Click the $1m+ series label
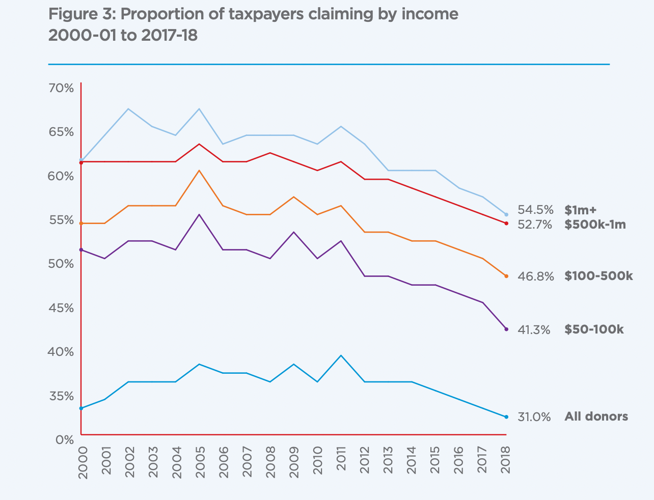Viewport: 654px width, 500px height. pos(580,210)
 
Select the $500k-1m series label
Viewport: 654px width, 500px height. pos(595,224)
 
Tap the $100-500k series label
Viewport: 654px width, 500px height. pos(598,276)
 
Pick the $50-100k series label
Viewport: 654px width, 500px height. pos(594,329)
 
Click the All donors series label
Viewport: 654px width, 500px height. pos(596,416)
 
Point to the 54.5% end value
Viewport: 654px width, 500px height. pos(535,210)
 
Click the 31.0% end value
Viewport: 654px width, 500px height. pos(534,417)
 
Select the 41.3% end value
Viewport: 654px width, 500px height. pos(534,330)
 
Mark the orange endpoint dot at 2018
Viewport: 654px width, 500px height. pos(506,276)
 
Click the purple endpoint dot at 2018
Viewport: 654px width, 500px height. pos(506,329)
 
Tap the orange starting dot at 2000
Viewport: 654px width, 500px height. pos(81,223)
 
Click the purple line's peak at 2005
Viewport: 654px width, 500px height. pos(199,214)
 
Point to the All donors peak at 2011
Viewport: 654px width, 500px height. pos(341,355)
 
